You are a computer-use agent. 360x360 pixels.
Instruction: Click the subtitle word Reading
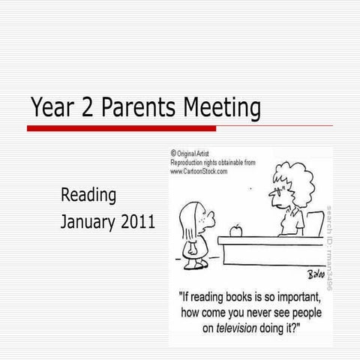pyautogui.click(x=88, y=196)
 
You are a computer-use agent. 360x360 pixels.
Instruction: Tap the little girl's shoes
pyautogui.click(x=196, y=264)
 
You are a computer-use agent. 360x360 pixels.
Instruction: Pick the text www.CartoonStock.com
pyautogui.click(x=199, y=171)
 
